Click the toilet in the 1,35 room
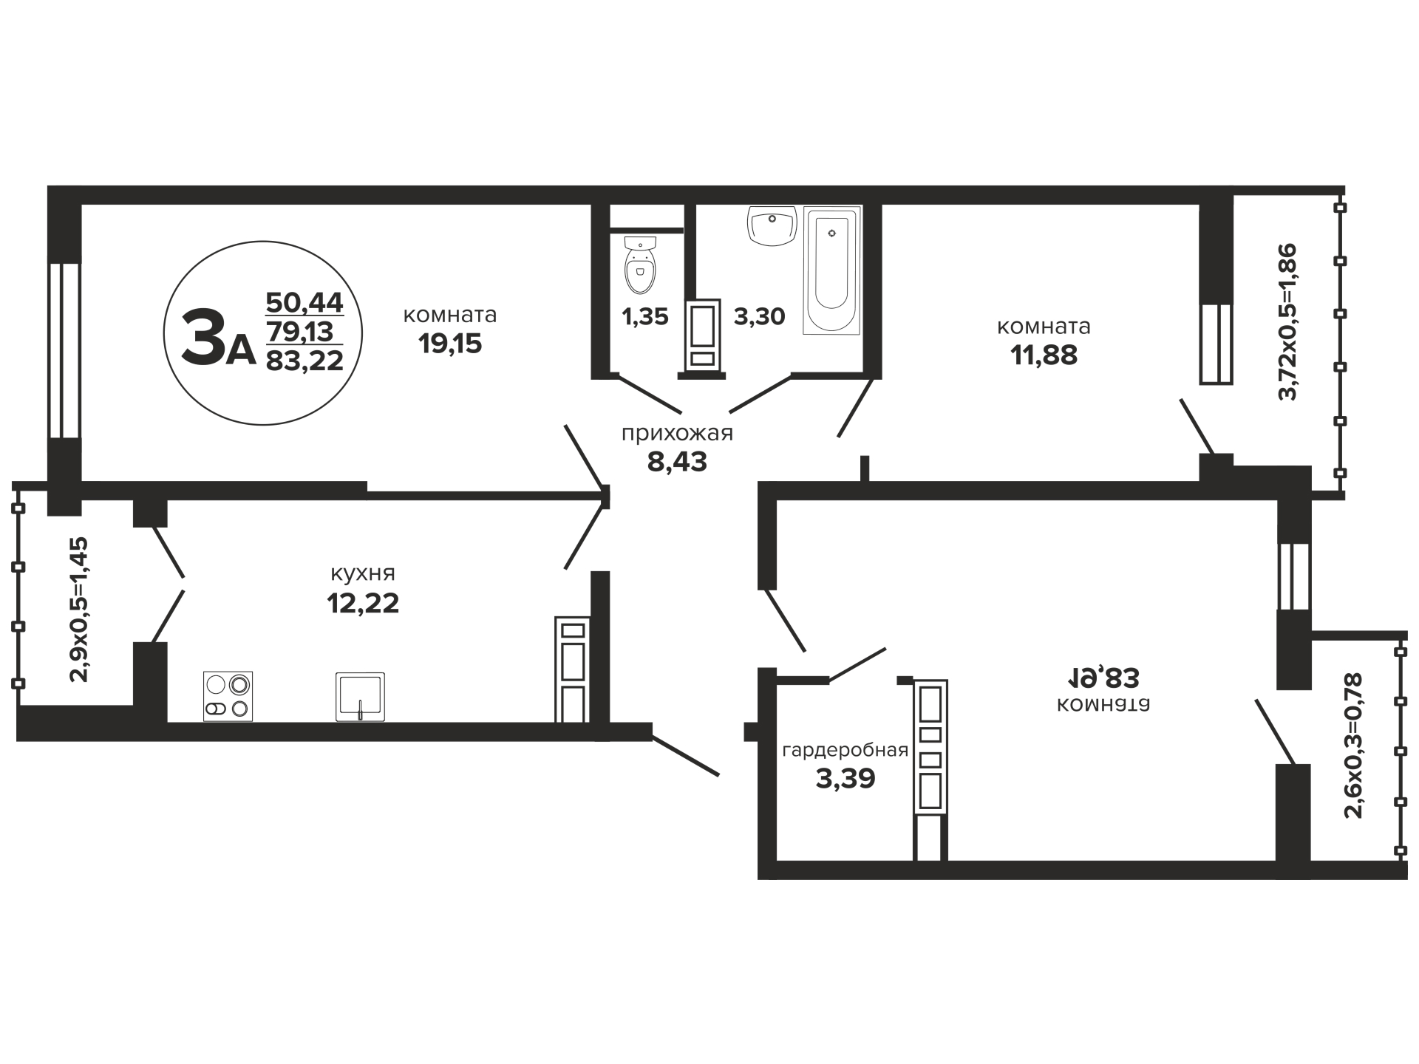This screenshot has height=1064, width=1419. coord(640,266)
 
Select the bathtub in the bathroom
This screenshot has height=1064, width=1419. coord(832,270)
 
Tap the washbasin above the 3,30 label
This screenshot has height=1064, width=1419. coord(772,225)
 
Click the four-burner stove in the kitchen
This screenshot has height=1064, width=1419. coord(228,696)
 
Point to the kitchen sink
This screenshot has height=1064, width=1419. coord(360,696)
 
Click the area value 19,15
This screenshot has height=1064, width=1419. coord(450,344)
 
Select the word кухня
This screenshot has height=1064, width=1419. coord(362,573)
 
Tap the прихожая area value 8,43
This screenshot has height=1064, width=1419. coord(677,462)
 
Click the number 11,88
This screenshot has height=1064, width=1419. coord(1044,355)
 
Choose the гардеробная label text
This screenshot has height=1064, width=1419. coord(845,751)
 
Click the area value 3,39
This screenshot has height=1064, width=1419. coord(845,779)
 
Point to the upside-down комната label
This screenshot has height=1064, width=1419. coord(1103,704)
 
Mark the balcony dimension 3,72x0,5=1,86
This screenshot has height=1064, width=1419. coord(1287,321)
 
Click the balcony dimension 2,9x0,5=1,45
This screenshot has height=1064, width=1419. coord(78,609)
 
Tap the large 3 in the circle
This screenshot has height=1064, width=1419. coord(203,336)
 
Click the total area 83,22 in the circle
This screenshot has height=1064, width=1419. coord(304,361)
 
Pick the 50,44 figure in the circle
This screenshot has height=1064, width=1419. coord(304,302)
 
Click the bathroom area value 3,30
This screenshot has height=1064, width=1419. coord(759,316)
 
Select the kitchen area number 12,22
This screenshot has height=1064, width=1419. coord(363,603)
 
